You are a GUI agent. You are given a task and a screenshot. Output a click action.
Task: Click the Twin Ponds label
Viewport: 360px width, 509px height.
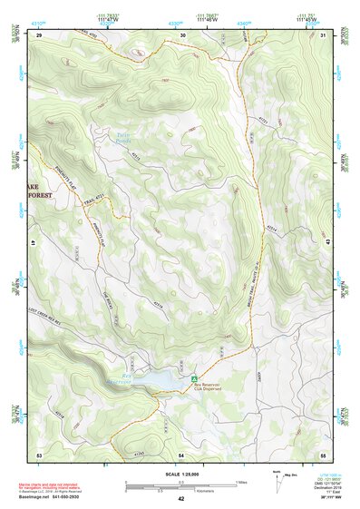coord(124,139)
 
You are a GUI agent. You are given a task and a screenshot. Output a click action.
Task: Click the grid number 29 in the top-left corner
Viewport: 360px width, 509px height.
coord(40,35)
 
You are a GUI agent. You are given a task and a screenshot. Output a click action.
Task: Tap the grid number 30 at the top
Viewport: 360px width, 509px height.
coord(183,35)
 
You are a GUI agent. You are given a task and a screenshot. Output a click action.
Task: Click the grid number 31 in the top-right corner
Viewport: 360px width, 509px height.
coord(323,35)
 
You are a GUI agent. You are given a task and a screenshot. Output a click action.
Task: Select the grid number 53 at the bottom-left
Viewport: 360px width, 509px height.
coord(39,453)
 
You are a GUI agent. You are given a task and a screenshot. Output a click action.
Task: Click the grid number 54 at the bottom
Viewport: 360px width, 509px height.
coord(181,453)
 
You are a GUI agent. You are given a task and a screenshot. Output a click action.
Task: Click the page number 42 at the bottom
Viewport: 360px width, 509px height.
coord(180,499)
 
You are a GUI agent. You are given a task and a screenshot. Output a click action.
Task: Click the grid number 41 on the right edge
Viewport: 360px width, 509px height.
coord(328,242)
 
